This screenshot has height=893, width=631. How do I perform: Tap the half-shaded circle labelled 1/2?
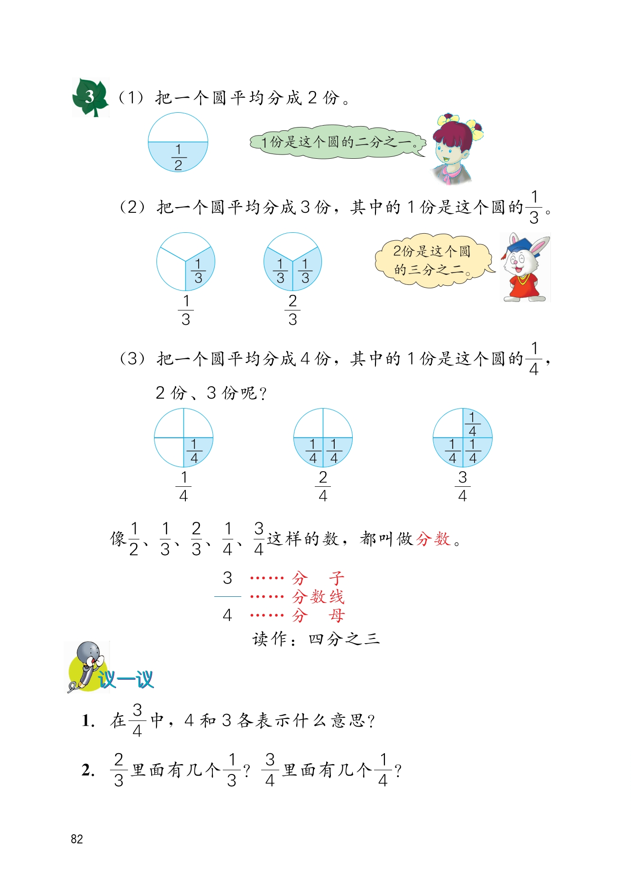(x=178, y=142)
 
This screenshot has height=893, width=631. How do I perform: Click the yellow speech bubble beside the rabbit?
(x=431, y=260)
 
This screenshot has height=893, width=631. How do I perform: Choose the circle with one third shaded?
(x=186, y=262)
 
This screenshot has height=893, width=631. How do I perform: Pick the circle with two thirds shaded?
(x=293, y=262)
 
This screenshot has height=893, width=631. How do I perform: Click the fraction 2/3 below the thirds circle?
(x=293, y=310)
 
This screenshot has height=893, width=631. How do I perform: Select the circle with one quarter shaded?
(x=183, y=437)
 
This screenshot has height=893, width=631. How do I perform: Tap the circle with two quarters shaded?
(x=323, y=437)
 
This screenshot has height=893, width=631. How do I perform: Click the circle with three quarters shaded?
(x=462, y=437)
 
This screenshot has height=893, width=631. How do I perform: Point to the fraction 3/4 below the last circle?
(x=462, y=486)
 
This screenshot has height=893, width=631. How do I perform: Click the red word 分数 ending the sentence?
(x=433, y=539)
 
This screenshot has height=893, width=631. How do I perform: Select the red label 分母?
(x=318, y=616)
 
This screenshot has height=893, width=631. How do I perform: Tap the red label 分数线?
(x=318, y=597)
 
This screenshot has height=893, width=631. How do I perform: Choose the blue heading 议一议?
(x=126, y=680)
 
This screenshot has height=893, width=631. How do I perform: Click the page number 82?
(x=77, y=839)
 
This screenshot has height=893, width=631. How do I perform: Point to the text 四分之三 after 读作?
(x=344, y=639)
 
